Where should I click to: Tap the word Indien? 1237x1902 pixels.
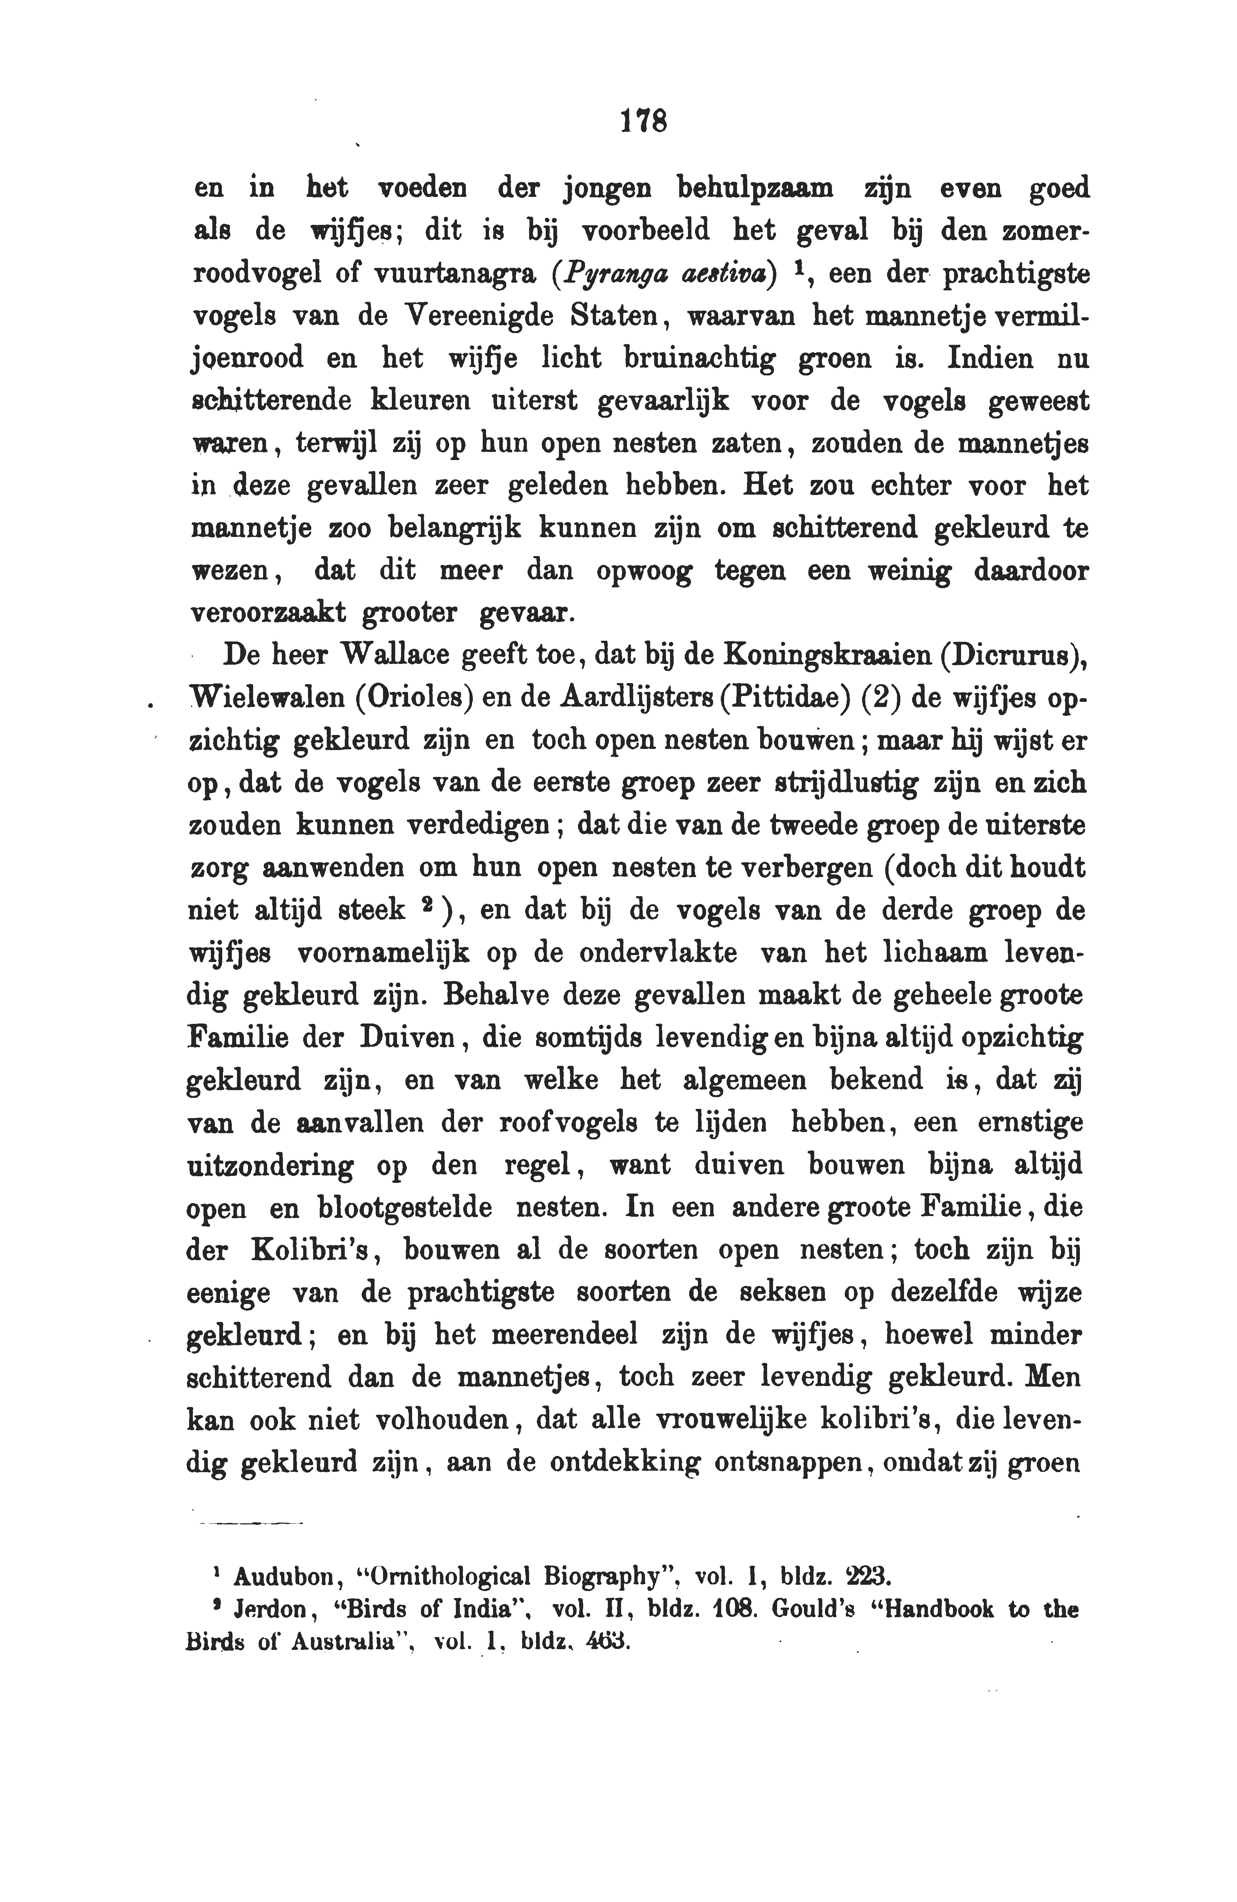pos(986,357)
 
